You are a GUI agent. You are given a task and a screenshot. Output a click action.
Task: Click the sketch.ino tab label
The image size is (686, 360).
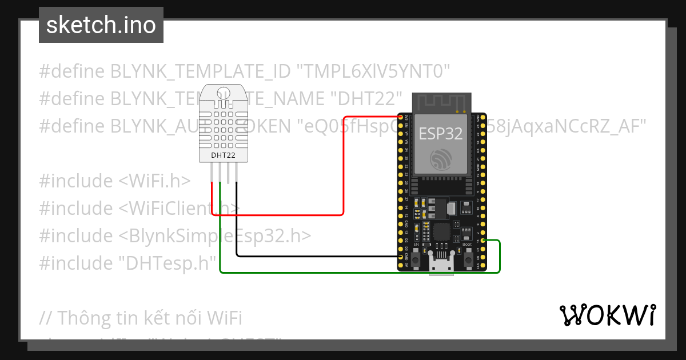[101, 25]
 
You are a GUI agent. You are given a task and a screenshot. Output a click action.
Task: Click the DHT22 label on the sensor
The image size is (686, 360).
[223, 155]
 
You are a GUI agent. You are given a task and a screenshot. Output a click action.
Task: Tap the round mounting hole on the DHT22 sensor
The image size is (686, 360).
[223, 91]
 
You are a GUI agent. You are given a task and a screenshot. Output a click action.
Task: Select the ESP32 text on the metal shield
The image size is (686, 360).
[441, 134]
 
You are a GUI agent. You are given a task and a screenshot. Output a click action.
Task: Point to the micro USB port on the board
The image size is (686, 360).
[442, 265]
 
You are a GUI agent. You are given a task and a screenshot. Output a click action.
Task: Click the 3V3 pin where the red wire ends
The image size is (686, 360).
[400, 118]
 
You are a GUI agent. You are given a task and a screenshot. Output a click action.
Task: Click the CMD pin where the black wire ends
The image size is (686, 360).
[400, 258]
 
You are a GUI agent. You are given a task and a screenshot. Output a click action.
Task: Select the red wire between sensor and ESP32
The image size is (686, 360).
[343, 171]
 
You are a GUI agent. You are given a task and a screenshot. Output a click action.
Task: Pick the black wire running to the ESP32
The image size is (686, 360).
[314, 257]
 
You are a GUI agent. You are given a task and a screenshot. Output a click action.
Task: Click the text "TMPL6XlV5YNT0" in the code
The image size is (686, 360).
[374, 71]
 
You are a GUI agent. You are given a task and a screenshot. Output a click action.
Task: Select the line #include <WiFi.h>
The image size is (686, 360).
[115, 181]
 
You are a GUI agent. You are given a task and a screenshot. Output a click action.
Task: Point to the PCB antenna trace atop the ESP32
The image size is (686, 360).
[441, 103]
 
